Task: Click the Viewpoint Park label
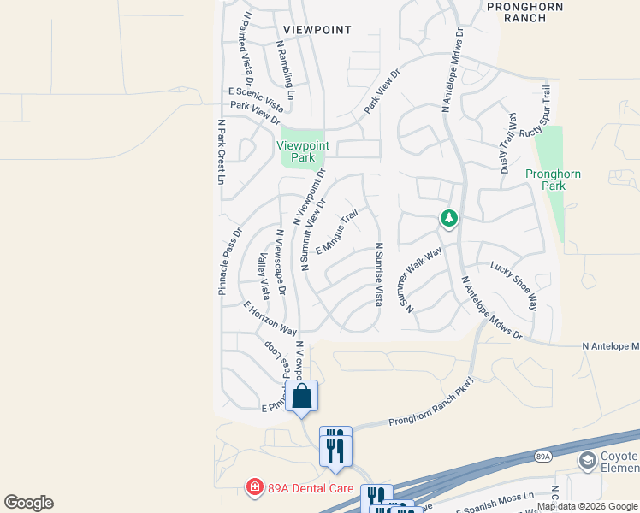click(302, 151)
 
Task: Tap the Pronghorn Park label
click(553, 180)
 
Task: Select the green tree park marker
click(448, 219)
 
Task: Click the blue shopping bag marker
click(301, 397)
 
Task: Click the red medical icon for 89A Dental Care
click(254, 488)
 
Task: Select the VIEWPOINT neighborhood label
click(317, 30)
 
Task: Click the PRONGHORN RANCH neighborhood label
click(524, 12)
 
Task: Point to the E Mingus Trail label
click(336, 233)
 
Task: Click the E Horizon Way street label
click(270, 318)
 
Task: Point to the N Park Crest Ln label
click(220, 151)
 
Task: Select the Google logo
click(28, 503)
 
